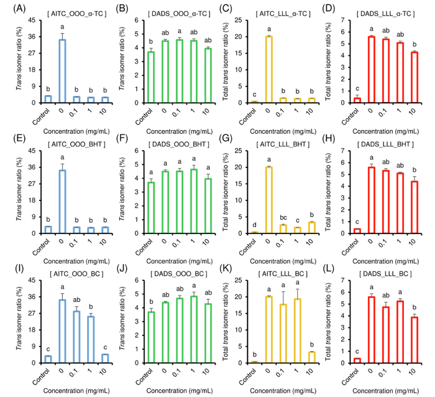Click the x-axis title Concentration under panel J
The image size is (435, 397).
(180, 389)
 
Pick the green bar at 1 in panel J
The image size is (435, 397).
(195, 329)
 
